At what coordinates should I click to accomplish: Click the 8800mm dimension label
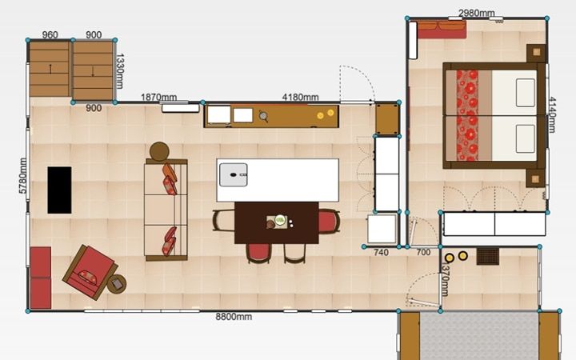[234, 317]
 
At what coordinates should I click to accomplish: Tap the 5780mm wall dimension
[22, 175]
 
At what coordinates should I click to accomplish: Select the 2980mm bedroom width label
[477, 14]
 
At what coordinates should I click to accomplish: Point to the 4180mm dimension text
[300, 98]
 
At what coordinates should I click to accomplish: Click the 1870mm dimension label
[158, 98]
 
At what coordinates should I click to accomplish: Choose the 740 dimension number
[381, 252]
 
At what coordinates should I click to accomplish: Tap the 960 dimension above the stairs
[50, 35]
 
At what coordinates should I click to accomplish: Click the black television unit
[59, 190]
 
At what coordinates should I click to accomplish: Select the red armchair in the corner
[90, 272]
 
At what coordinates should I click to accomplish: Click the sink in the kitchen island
[234, 175]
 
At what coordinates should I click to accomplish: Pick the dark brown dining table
[277, 222]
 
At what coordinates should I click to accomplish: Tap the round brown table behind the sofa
[159, 151]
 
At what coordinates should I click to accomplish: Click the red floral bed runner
[467, 115]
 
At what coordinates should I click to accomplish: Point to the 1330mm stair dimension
[119, 71]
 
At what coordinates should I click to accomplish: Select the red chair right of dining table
[329, 221]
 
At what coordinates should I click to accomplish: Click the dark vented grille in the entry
[488, 257]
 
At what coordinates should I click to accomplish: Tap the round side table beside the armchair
[117, 283]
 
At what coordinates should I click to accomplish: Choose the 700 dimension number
[423, 252]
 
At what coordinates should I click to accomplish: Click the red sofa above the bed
[442, 30]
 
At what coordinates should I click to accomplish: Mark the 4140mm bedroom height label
[551, 114]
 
